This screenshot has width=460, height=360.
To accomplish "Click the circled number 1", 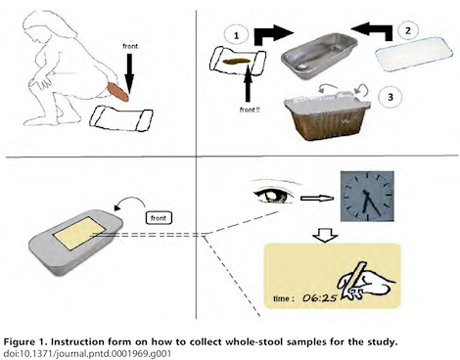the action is coord(237,35).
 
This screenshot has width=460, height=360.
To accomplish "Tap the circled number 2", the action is coord(408,30).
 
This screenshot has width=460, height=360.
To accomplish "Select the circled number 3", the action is coord(391,97).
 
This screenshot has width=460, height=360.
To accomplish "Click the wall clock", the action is coord(367,197).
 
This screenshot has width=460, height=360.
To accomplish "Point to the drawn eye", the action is coord(274,195).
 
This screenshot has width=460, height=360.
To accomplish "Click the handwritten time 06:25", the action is coord(320,297).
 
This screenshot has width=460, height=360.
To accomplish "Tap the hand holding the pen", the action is coord(365,281).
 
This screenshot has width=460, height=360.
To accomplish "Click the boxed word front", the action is coord(159,218).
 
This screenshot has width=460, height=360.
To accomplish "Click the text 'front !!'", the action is coord(250,110).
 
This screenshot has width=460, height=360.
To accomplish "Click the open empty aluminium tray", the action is coord(319,56).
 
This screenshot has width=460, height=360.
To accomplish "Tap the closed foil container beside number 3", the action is coord(327,115).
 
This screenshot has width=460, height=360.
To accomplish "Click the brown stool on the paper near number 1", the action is coord(236,61).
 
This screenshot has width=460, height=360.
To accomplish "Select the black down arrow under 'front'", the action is coord(129,72).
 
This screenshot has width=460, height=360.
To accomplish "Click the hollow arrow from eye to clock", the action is coord(317,198).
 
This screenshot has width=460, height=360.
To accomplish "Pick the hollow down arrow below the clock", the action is coord(325,235).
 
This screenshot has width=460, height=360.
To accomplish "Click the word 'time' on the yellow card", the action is coord(281,298).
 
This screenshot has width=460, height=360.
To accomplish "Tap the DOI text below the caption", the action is coord(87,353).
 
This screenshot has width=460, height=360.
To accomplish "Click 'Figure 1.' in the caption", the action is coord(25,342).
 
